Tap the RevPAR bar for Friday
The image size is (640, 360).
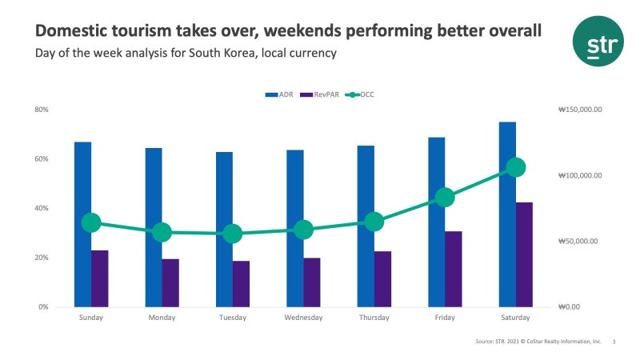pos(454,269)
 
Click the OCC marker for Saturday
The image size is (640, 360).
pos(516,167)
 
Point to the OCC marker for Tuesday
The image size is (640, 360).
pos(233,234)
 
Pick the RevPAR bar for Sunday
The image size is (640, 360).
pos(100,278)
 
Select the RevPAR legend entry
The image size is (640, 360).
pos(320,94)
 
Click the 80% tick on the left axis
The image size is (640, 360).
pos(42,110)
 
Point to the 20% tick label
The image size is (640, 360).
pos(42,258)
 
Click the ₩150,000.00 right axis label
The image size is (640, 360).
pos(579,110)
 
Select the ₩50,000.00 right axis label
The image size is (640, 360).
pos(578,242)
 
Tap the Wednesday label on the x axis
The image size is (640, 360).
pos(303,318)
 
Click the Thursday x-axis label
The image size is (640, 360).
pos(374,318)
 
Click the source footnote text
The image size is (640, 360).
pos(538,342)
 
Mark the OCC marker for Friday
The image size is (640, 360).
pos(445,198)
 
